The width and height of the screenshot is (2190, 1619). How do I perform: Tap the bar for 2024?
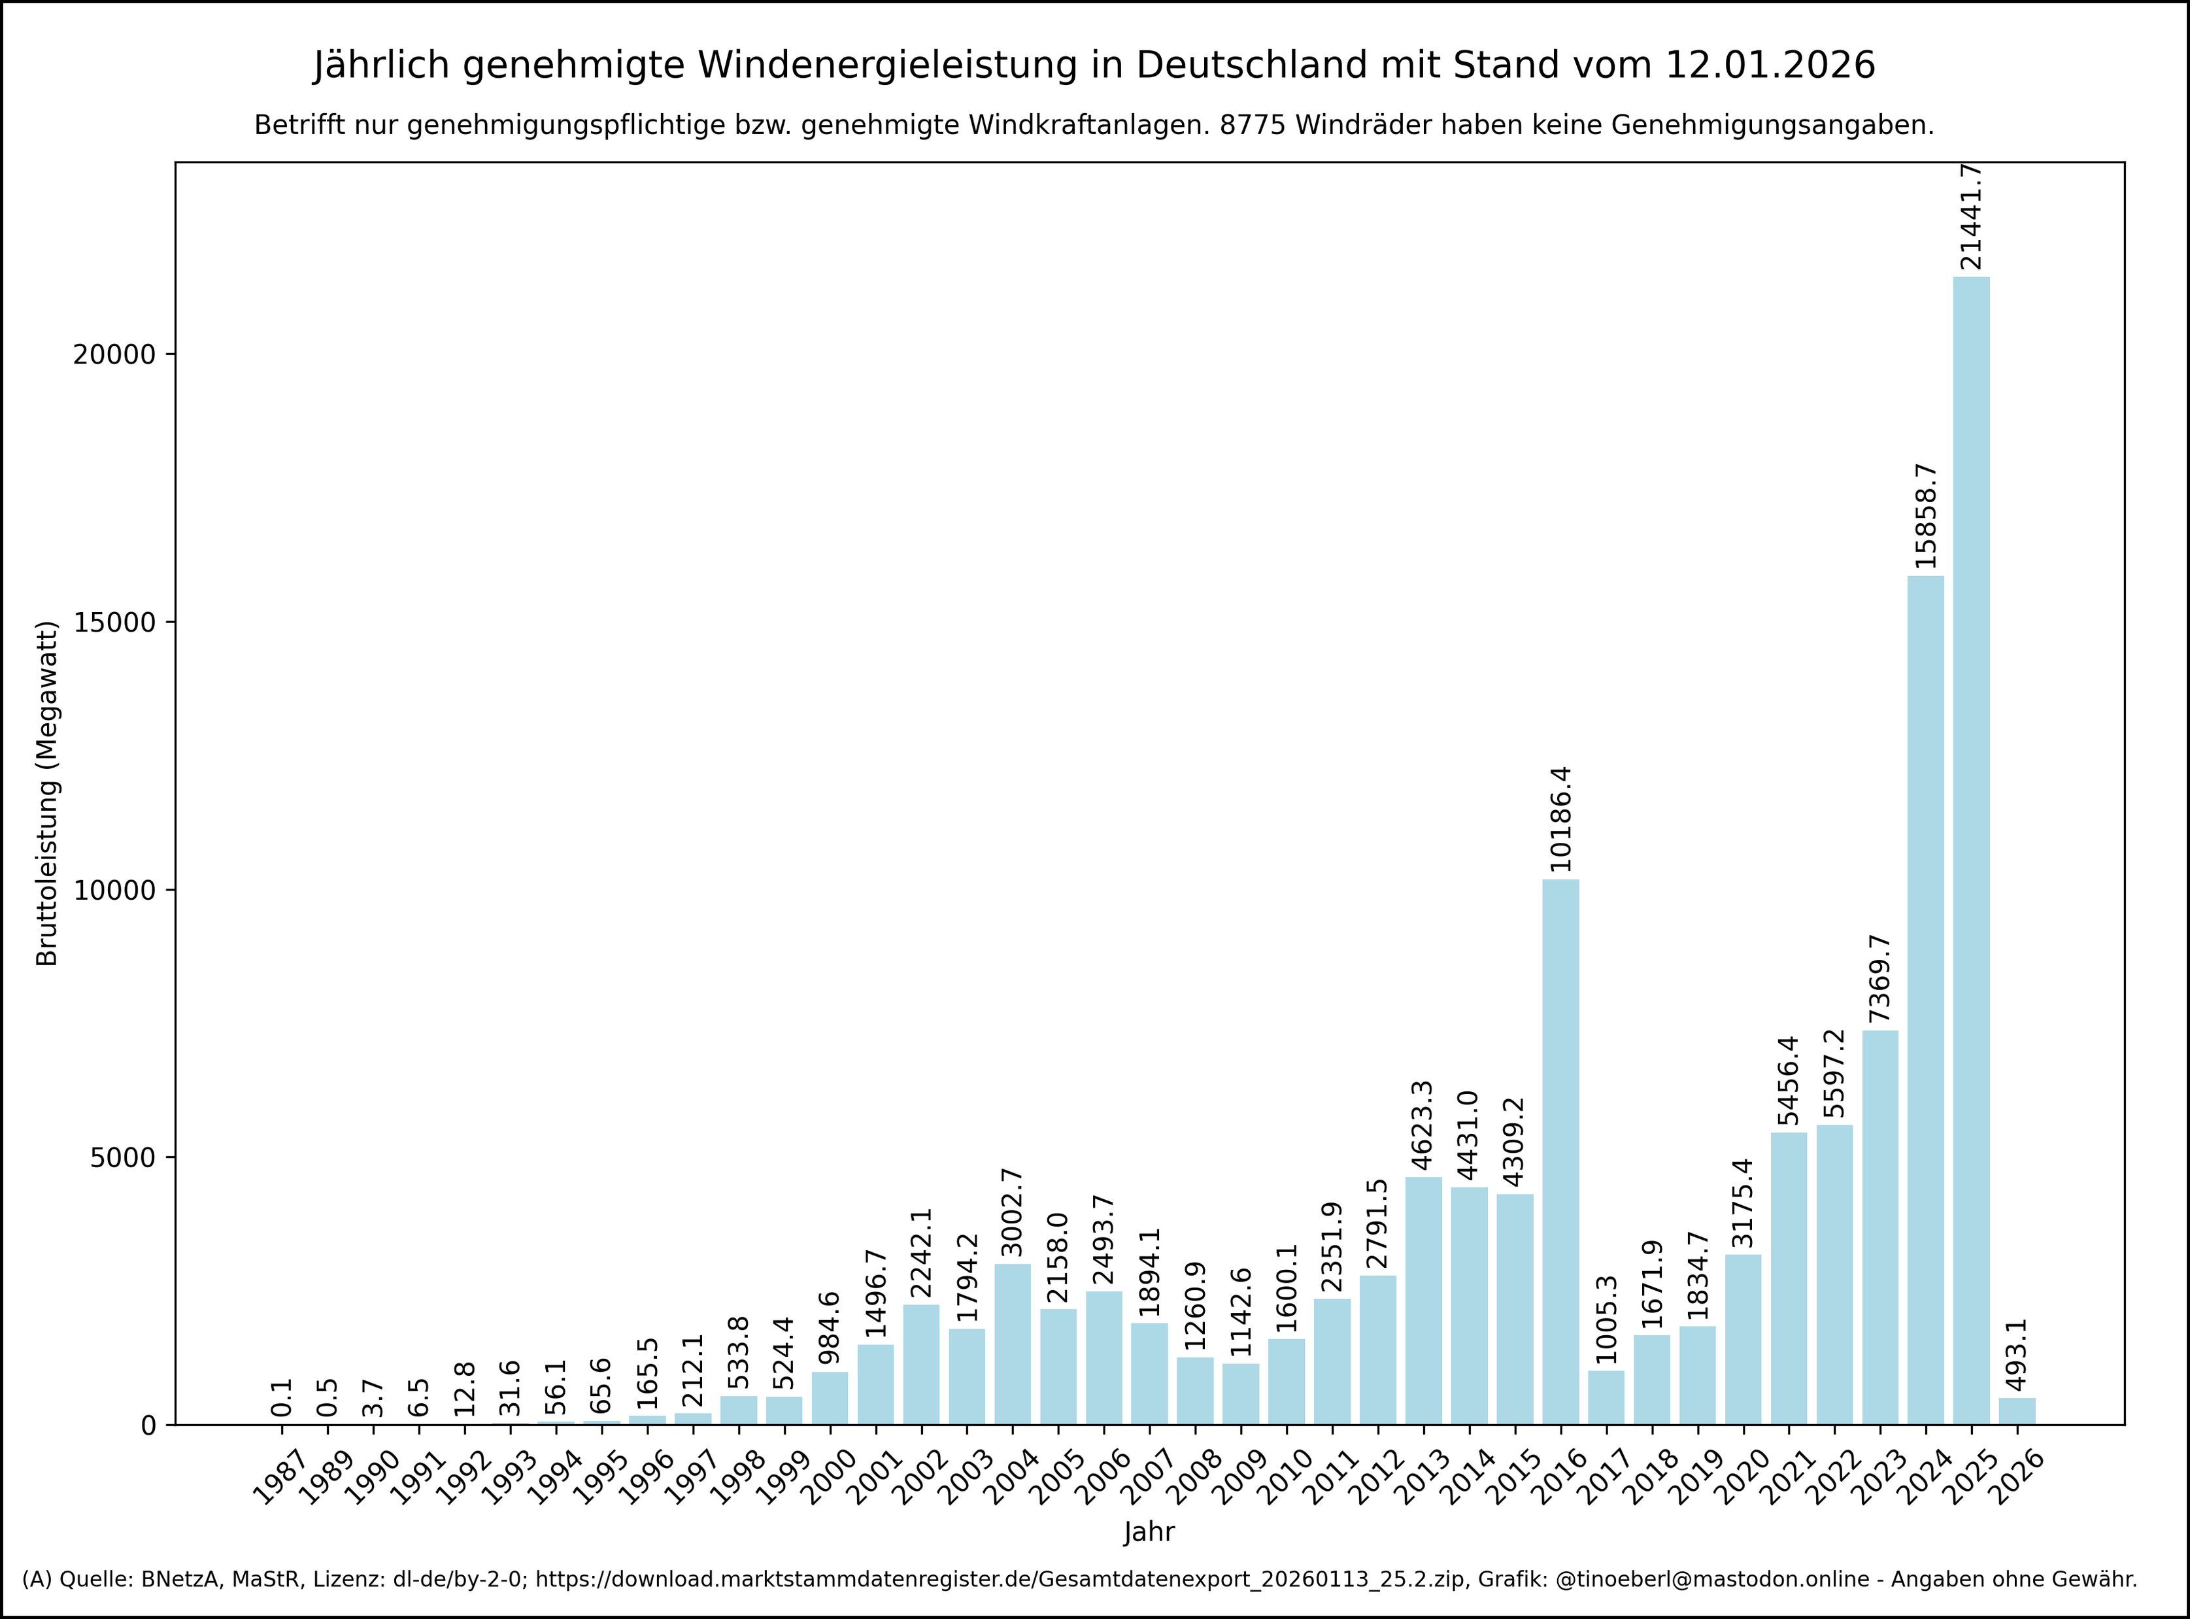click(1925, 1000)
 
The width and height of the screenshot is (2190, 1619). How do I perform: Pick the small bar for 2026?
click(2017, 1411)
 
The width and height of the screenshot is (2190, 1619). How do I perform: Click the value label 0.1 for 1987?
click(282, 1397)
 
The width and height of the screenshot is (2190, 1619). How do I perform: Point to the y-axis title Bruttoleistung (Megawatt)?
click(47, 793)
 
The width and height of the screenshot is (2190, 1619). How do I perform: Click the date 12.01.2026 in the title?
click(1770, 65)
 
